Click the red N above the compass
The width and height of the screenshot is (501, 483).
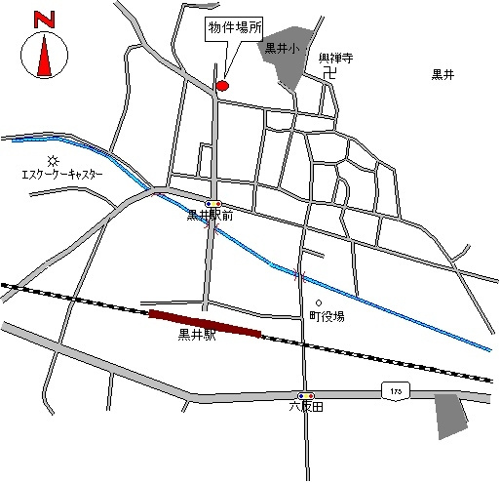click(x=42, y=20)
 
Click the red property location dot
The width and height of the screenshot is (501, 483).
click(x=221, y=86)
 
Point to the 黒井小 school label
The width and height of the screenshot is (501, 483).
click(x=284, y=46)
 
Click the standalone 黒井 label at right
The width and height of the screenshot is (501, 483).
click(x=443, y=75)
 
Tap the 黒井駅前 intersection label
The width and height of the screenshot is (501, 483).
click(x=210, y=216)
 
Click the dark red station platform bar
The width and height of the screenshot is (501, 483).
click(x=205, y=323)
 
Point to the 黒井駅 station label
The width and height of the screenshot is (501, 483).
click(x=197, y=338)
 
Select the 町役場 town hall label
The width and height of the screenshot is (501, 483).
click(x=327, y=316)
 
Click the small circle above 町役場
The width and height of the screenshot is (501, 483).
click(x=318, y=302)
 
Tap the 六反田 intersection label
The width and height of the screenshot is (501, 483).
click(x=305, y=406)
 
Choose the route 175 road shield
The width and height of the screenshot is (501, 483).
click(x=395, y=390)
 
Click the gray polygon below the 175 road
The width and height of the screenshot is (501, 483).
click(x=449, y=414)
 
